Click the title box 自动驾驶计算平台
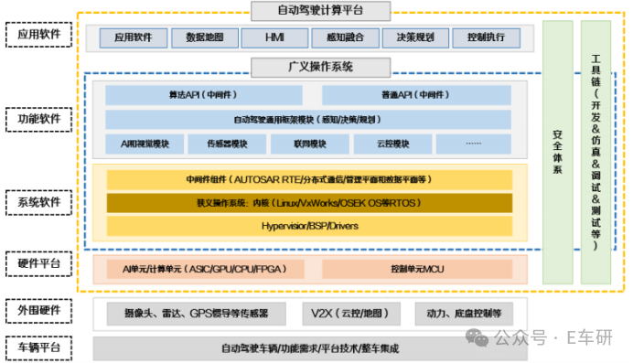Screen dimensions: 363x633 [320, 11]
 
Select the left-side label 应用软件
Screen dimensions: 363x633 [37, 37]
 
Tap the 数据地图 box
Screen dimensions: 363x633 [210, 38]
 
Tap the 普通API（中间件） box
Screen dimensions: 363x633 [416, 94]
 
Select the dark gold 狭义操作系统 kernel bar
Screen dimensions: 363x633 [308, 202]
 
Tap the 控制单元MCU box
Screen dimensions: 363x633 [416, 269]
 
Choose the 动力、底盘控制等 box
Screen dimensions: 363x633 [464, 314]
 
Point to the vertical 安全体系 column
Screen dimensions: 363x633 [557, 151]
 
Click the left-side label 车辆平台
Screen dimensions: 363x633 [37, 347]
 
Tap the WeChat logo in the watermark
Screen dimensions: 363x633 [479, 337]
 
